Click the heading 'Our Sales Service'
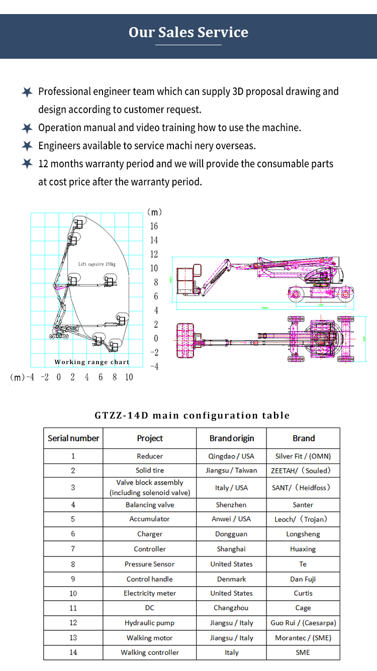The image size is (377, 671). tap(189, 32)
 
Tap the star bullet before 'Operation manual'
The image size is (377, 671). tap(27, 128)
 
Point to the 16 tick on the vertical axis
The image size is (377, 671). tap(154, 226)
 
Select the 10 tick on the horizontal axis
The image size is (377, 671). tap(129, 377)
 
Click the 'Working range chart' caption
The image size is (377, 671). tap(92, 362)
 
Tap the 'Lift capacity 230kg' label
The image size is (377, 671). tap(97, 264)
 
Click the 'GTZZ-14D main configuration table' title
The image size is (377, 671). tap(192, 415)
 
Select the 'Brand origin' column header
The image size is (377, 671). tap(232, 438)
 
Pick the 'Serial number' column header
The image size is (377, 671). tap(73, 438)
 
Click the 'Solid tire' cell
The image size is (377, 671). tap(150, 471)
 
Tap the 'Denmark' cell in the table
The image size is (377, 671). tap(231, 579)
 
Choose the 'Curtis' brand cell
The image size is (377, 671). tap(303, 594)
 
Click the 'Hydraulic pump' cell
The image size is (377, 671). tap(150, 623)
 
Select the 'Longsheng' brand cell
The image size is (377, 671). tap(303, 534)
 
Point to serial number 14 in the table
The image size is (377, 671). tap(73, 652)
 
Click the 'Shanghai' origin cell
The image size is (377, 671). tap(231, 549)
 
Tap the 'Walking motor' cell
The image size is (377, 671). tap(150, 638)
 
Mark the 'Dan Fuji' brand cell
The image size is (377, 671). tap(303, 579)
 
